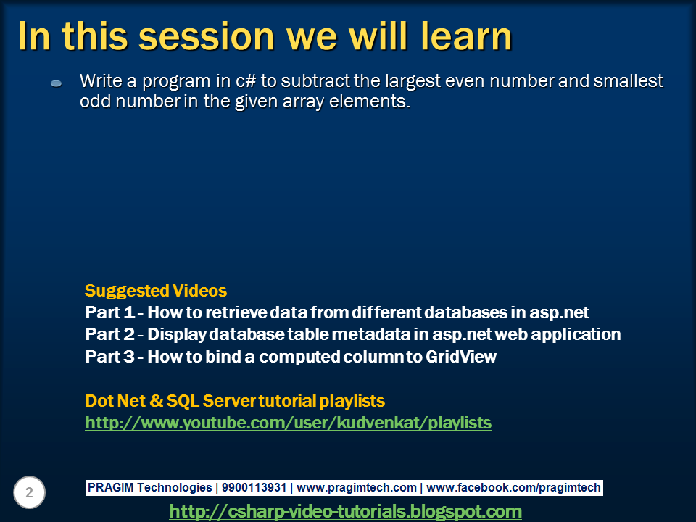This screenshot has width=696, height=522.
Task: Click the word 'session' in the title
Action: click(x=207, y=37)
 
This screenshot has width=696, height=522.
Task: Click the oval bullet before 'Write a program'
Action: click(x=57, y=83)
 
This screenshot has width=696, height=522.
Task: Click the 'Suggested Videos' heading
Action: click(x=156, y=291)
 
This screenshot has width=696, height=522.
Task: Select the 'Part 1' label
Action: click(x=110, y=312)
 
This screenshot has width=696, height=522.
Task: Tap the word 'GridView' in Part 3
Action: click(x=461, y=357)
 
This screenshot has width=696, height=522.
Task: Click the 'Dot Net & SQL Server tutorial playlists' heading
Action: click(x=235, y=401)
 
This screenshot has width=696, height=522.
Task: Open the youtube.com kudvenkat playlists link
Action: click(x=288, y=423)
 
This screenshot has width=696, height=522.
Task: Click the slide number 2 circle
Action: click(x=29, y=492)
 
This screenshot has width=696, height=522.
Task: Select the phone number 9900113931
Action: click(x=254, y=487)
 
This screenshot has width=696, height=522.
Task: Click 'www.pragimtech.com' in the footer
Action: click(x=357, y=488)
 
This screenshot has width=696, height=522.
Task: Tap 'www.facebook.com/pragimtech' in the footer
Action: click(x=513, y=488)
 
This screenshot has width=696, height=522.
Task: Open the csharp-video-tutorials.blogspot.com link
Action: click(x=345, y=511)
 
